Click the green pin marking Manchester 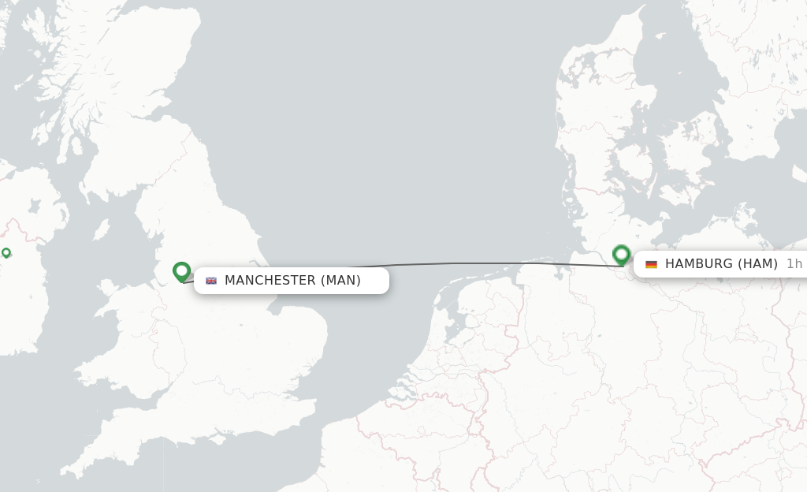pyautogui.click(x=182, y=272)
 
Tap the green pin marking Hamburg pyautogui.click(x=621, y=255)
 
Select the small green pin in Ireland pyautogui.click(x=6, y=253)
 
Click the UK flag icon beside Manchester pyautogui.click(x=211, y=281)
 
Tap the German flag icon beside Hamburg pyautogui.click(x=651, y=264)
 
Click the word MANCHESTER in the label pyautogui.click(x=270, y=281)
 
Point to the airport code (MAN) pyautogui.click(x=340, y=281)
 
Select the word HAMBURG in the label pyautogui.click(x=698, y=264)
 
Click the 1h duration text pyautogui.click(x=794, y=264)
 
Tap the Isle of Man pyautogui.click(x=102, y=229)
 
